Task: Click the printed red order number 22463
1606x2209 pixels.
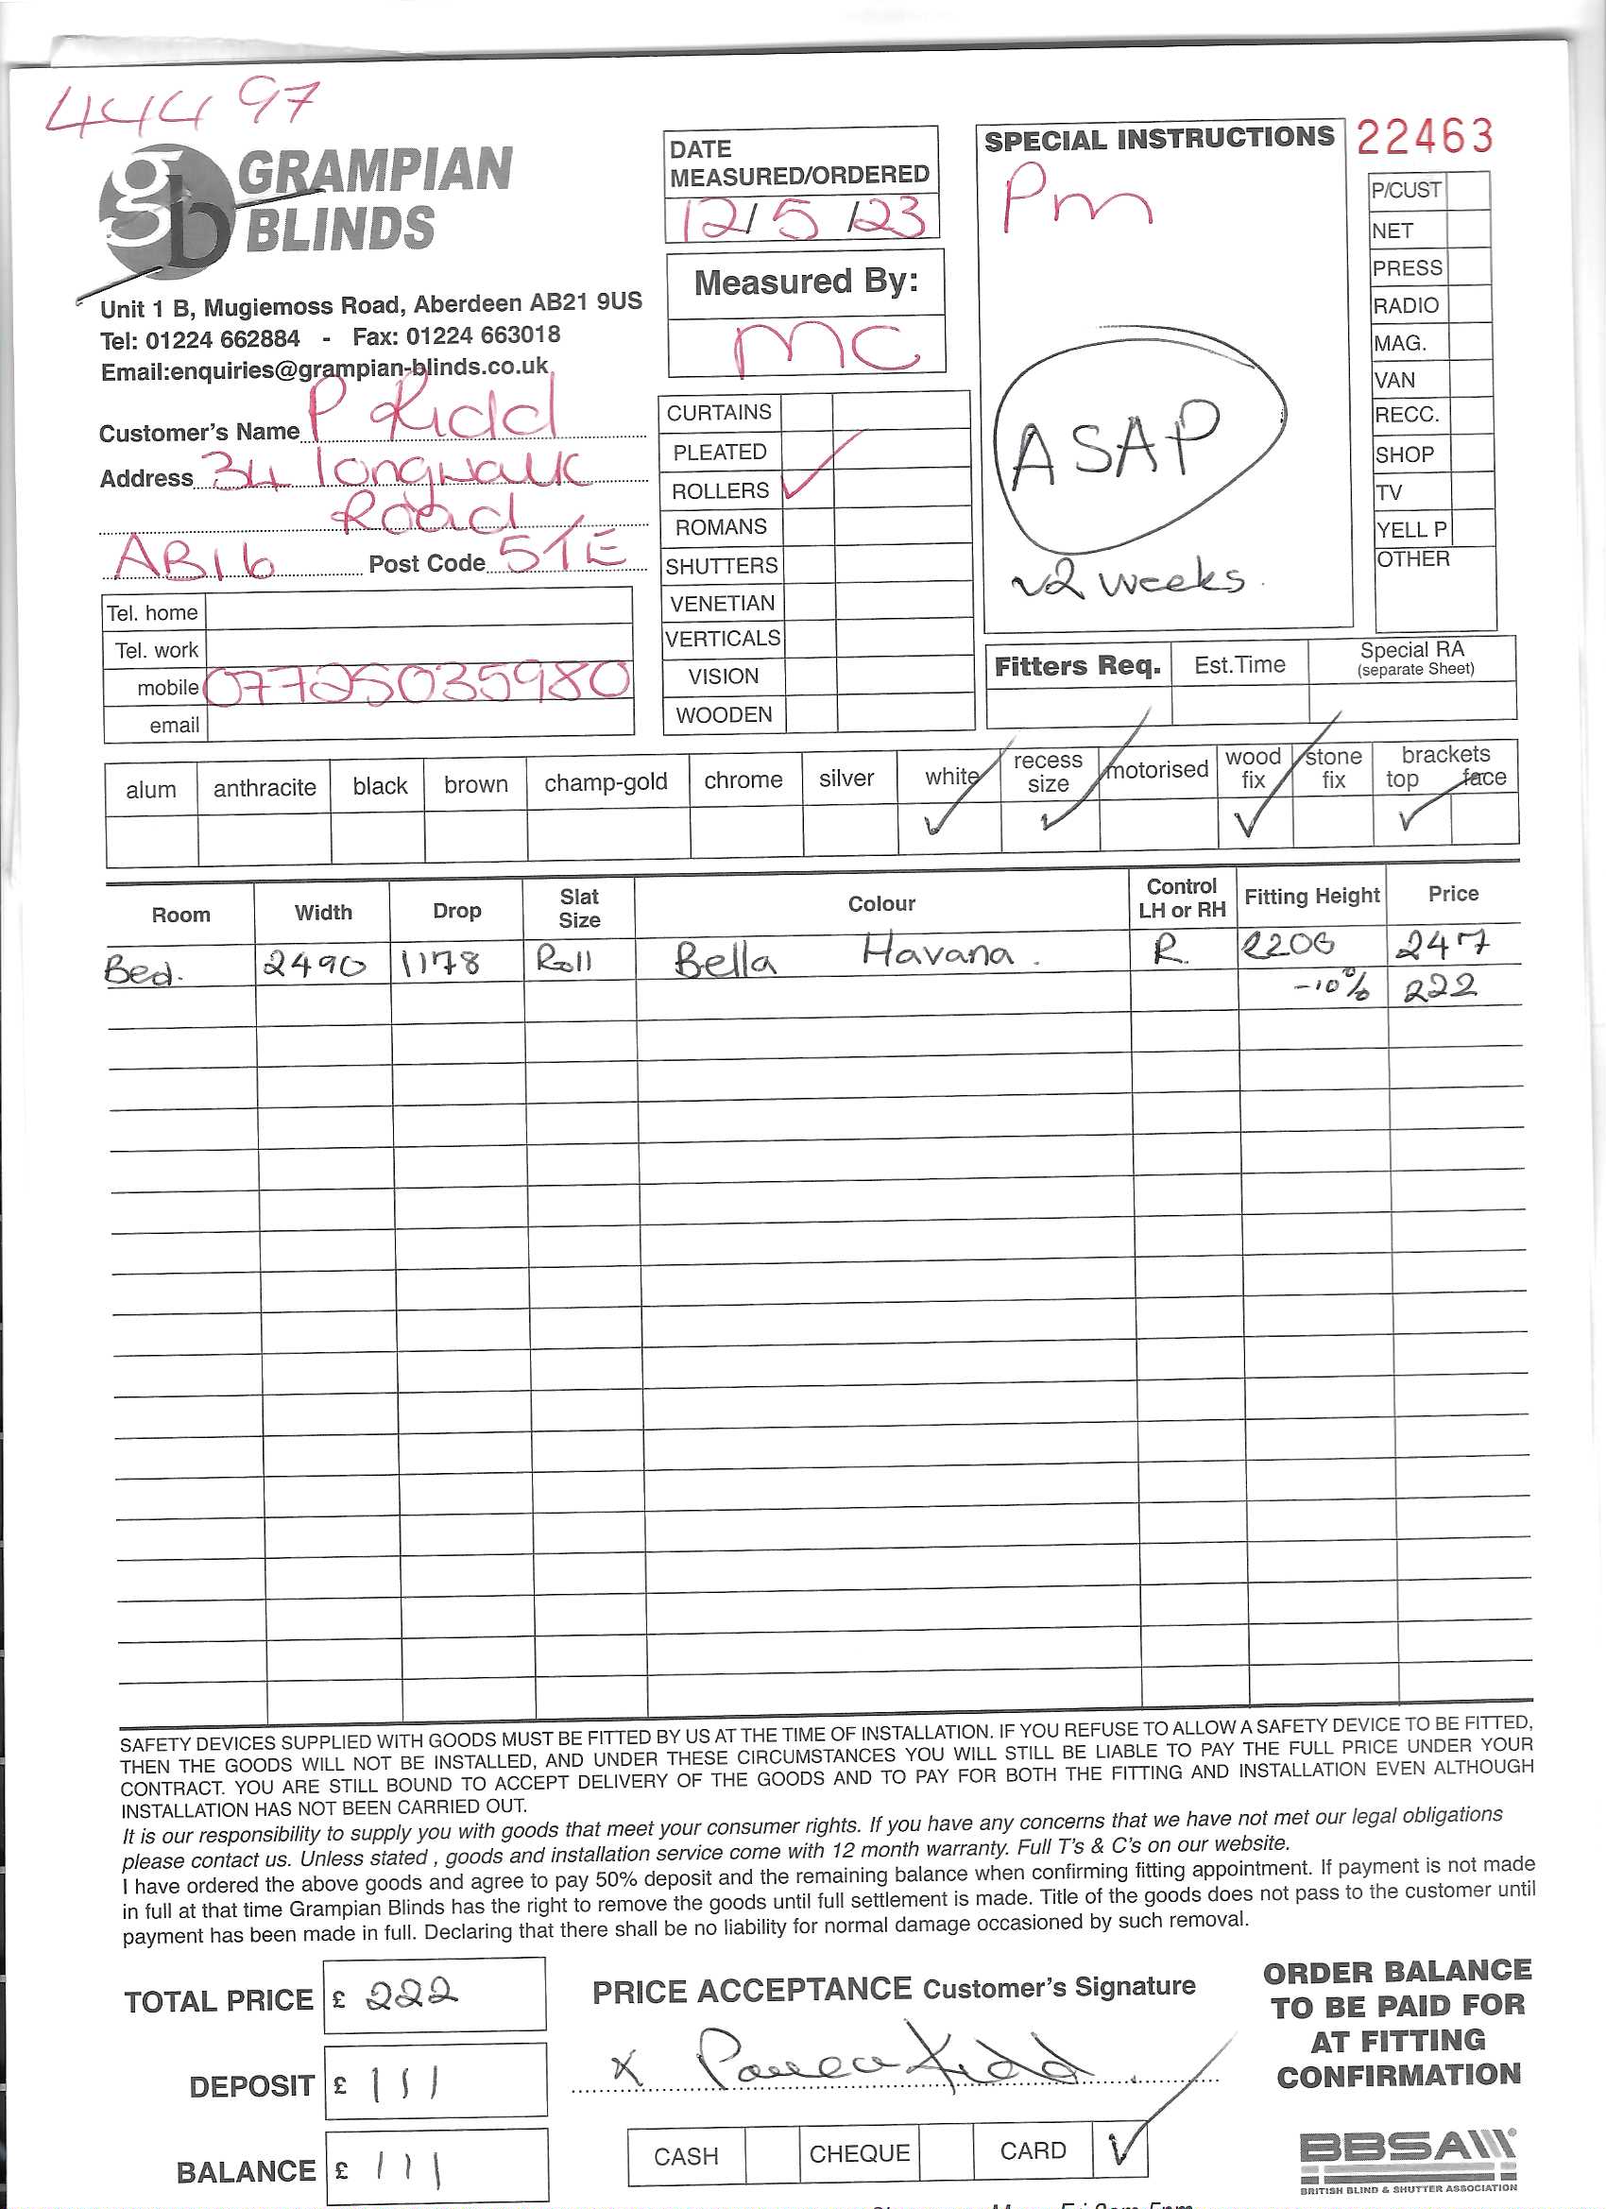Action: coord(1424,137)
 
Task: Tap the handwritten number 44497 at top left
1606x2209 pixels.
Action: coord(182,106)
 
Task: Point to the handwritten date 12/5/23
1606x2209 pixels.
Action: coord(800,218)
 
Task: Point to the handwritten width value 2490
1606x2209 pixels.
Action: coord(314,966)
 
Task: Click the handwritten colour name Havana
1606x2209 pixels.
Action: coord(938,950)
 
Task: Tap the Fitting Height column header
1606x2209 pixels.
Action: coord(1311,896)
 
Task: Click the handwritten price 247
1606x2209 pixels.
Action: coord(1442,944)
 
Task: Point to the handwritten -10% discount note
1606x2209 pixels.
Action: coord(1330,986)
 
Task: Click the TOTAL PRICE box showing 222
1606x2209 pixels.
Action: coord(435,1995)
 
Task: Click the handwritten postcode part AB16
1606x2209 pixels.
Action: coord(195,558)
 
